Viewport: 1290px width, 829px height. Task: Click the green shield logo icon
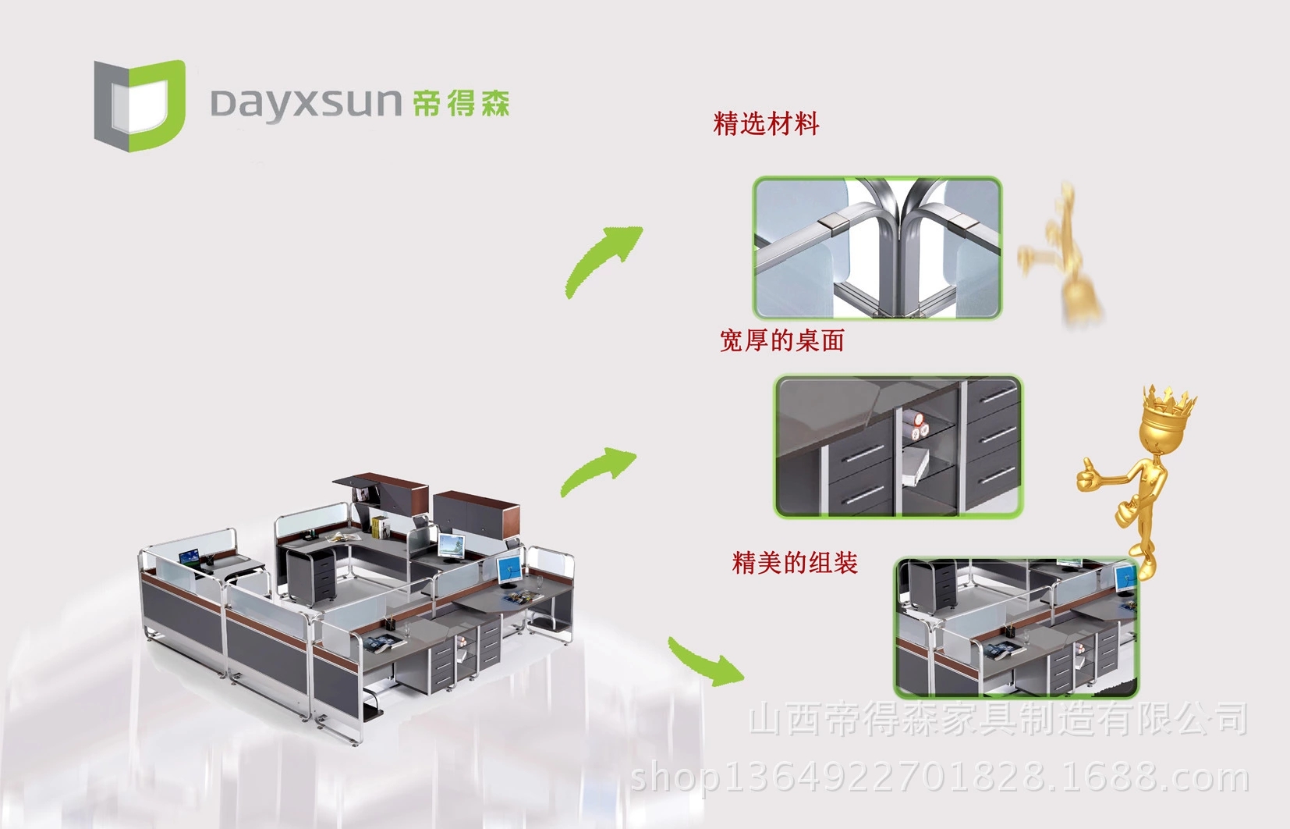tap(140, 105)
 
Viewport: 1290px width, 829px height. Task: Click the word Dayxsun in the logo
tap(305, 104)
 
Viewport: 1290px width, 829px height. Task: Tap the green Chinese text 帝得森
tap(461, 104)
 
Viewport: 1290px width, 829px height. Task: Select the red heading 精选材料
tap(766, 124)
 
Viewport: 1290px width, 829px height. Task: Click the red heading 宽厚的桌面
tap(781, 340)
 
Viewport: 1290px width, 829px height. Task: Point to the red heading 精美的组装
tap(795, 563)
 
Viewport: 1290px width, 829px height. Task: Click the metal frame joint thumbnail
tap(877, 247)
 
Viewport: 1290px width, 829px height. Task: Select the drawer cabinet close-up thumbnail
tap(898, 446)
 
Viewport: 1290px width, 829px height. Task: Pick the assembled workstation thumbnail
tap(1015, 627)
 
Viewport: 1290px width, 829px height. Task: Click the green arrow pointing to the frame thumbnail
tap(603, 260)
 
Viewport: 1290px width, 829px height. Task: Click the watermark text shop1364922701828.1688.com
tap(939, 777)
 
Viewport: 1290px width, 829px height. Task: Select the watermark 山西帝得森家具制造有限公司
tap(998, 719)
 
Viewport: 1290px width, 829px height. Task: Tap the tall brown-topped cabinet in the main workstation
tap(476, 511)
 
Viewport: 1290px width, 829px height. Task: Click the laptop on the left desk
tap(189, 558)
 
